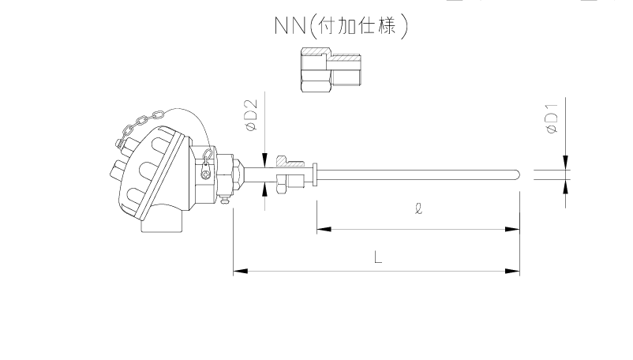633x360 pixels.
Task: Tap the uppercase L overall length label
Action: click(378, 257)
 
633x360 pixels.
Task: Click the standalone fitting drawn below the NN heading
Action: click(330, 69)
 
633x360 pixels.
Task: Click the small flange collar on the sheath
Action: click(316, 174)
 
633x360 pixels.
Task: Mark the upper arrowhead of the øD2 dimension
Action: click(267, 155)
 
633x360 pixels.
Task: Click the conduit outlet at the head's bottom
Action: click(161, 224)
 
